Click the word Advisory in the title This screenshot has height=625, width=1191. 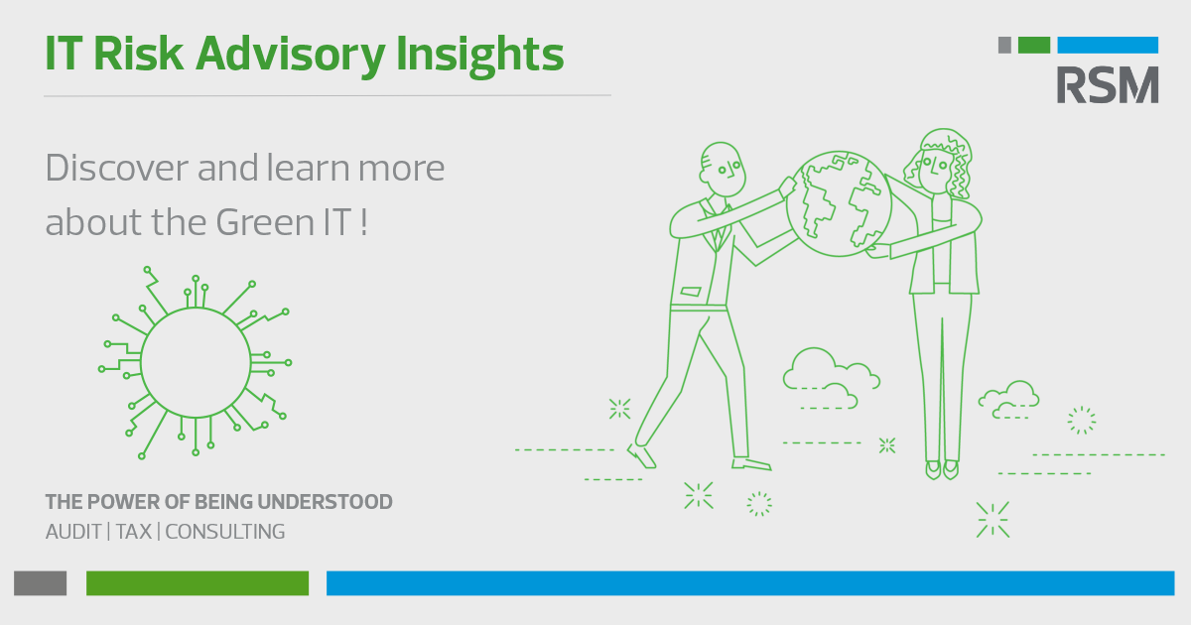coord(290,55)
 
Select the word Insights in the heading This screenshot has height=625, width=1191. coord(479,55)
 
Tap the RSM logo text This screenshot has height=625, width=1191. coord(1108,84)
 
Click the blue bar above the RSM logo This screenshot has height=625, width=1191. coord(1108,46)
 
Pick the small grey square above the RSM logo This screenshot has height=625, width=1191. coord(1004,46)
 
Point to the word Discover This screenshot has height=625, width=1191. coord(117,168)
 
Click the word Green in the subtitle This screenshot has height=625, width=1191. coord(265,221)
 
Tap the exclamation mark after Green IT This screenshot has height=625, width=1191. coord(363,221)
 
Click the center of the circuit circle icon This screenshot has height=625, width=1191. coord(196,362)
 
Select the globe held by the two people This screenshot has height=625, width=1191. coord(840,203)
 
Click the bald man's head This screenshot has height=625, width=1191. coord(722,169)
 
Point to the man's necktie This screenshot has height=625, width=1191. coord(718,227)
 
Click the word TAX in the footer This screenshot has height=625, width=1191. coord(133,532)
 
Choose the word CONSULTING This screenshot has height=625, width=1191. coord(225,532)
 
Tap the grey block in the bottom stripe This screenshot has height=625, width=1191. coord(41,583)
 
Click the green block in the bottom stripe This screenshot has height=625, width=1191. coord(198,583)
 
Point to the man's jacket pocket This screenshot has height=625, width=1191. coord(691,292)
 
